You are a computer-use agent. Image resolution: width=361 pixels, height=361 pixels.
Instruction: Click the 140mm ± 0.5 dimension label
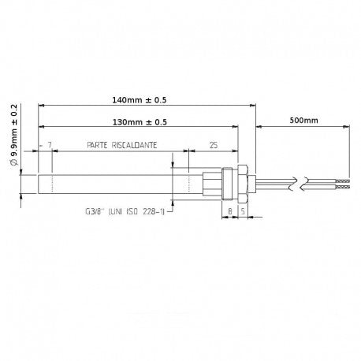point(140,100)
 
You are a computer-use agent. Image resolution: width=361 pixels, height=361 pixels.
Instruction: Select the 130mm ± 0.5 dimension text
point(140,122)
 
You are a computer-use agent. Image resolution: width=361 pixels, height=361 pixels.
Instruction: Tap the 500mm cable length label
point(303,121)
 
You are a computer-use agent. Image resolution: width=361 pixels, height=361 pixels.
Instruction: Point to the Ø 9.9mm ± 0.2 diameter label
point(14,135)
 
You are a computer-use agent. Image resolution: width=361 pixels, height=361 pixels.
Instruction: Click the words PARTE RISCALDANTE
point(122,145)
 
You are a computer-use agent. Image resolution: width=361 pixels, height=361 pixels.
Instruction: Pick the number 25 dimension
point(214,145)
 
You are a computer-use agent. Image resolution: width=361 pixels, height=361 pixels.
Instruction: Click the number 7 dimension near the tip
point(50,145)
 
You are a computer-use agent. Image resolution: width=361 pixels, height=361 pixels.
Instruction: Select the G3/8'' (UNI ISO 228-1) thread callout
point(125,211)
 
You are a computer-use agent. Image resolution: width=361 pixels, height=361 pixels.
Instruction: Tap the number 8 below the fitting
point(230,211)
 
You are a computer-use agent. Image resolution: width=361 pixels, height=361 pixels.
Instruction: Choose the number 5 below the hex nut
point(243,211)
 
